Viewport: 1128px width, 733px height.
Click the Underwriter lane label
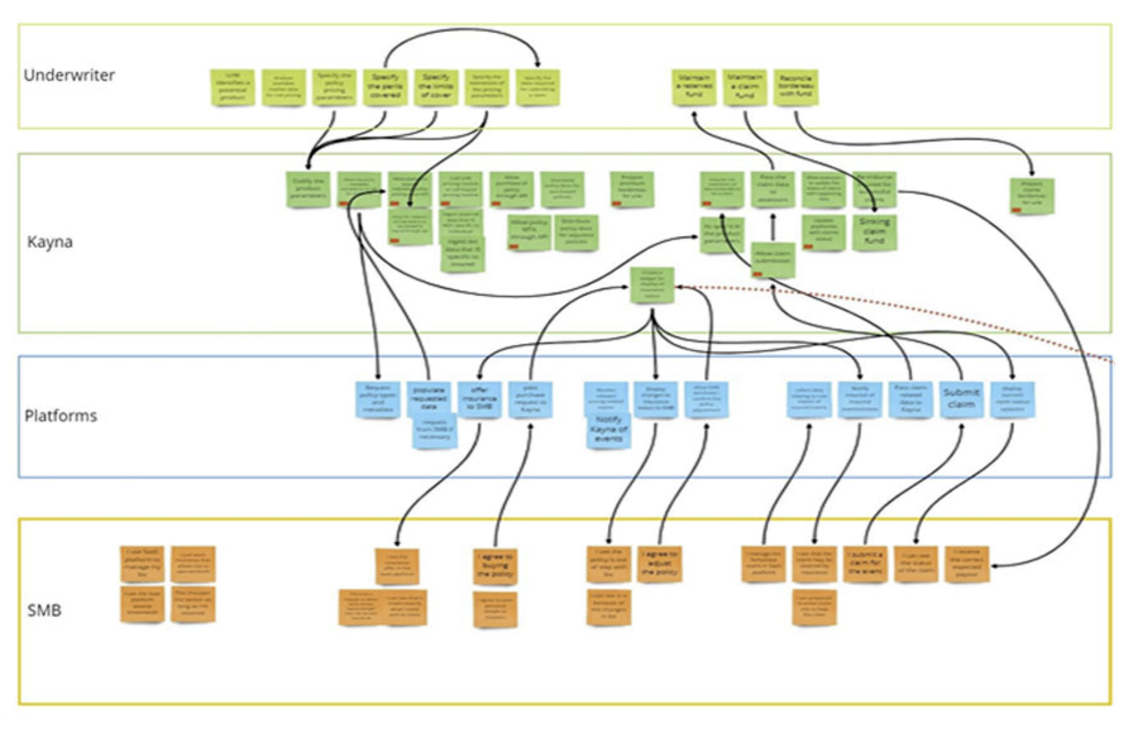point(69,75)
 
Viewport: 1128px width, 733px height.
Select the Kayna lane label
point(49,242)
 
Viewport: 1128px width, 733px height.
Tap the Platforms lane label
point(61,416)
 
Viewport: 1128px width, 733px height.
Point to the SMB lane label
point(44,610)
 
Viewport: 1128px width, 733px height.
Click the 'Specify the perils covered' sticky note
point(385,87)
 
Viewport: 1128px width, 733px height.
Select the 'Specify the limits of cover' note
point(436,87)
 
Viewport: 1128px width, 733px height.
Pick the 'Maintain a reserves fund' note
point(694,87)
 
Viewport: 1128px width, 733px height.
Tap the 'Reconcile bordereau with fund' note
point(795,87)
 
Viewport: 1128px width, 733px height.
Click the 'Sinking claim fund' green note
point(874,232)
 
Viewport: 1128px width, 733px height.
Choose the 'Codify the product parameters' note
point(308,189)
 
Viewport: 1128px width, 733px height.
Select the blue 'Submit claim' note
point(961,399)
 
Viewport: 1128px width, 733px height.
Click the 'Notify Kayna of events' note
point(608,430)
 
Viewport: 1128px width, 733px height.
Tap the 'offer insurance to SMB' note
point(479,399)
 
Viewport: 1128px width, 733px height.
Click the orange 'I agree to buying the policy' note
point(495,566)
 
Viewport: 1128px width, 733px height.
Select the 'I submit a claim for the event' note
point(865,564)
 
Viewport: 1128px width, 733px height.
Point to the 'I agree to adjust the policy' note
point(659,564)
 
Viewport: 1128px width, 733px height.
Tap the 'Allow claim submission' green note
point(773,259)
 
